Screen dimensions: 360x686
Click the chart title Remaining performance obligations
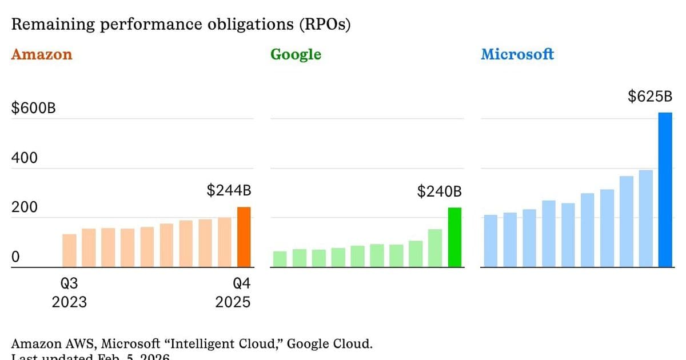pos(181,25)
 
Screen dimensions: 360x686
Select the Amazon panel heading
pos(42,55)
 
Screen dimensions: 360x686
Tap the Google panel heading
pos(296,55)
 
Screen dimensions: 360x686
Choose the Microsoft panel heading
pos(517,55)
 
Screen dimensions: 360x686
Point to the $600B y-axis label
pos(34,109)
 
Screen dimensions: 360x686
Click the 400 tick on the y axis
pos(24,158)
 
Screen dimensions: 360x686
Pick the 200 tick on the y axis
pos(24,207)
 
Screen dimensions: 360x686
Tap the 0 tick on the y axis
pos(15,257)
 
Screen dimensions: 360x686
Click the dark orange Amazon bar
pos(244,237)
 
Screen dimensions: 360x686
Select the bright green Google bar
pos(454,238)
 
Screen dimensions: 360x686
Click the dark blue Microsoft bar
pos(665,190)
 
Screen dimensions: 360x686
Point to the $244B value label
pos(229,191)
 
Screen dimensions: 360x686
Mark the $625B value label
pos(650,97)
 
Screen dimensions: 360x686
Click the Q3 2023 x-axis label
pos(69,293)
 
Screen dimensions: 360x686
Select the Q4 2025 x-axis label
pos(233,293)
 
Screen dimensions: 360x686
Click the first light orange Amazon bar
pos(69,251)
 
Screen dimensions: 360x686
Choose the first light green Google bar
pos(280,259)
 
